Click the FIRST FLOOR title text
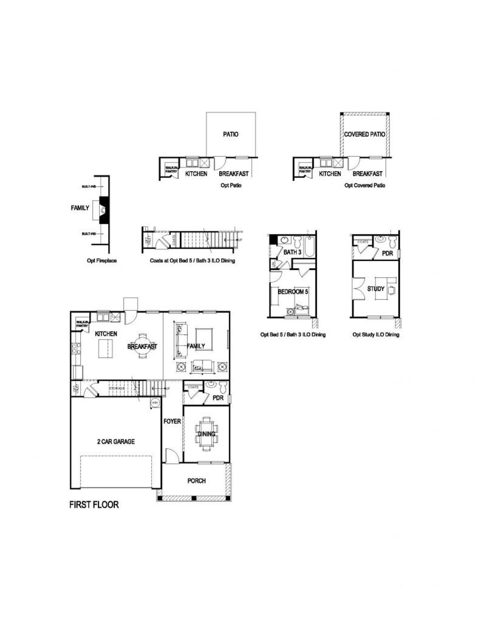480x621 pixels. [94, 504]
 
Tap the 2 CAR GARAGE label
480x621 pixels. [116, 441]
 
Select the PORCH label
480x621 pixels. [196, 480]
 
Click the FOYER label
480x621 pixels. [172, 421]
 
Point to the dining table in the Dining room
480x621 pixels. [206, 434]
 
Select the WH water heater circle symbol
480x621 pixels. [154, 403]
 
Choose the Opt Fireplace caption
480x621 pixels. [102, 260]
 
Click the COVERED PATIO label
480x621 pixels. [364, 134]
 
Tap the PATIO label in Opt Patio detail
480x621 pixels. [231, 134]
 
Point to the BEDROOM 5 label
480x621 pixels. [293, 292]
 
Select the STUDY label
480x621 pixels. [375, 289]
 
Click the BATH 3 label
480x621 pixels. [292, 252]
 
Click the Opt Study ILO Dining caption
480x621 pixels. [376, 335]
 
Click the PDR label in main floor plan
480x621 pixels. [218, 398]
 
